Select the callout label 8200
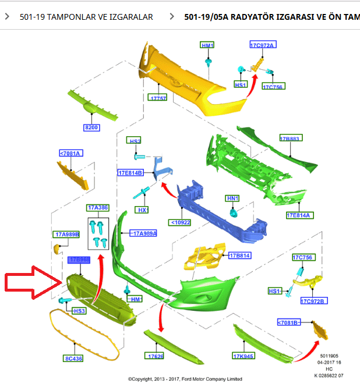(x=92, y=128)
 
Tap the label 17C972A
(x=262, y=45)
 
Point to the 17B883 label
(x=289, y=139)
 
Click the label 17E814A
(x=299, y=215)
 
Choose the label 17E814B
(x=130, y=173)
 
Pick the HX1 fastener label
(x=141, y=210)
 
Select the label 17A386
(x=98, y=208)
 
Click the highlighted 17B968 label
(x=79, y=260)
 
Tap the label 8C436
(x=73, y=359)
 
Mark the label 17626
(x=156, y=355)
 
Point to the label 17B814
(x=239, y=256)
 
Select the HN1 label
(x=233, y=198)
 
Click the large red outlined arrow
(x=32, y=283)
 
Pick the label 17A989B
(x=67, y=235)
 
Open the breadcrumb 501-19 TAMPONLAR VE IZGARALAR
(x=86, y=17)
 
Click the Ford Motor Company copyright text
(x=185, y=378)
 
